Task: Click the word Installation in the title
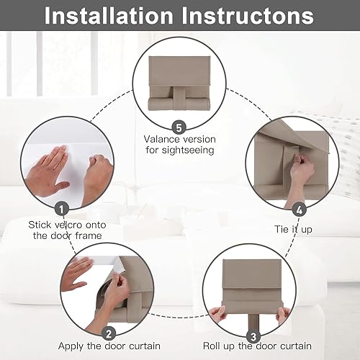[119, 16]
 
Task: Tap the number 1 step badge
[62, 208]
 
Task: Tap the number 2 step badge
[108, 333]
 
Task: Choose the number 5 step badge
[179, 125]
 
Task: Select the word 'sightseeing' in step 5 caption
[180, 150]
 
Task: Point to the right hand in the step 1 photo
[95, 176]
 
